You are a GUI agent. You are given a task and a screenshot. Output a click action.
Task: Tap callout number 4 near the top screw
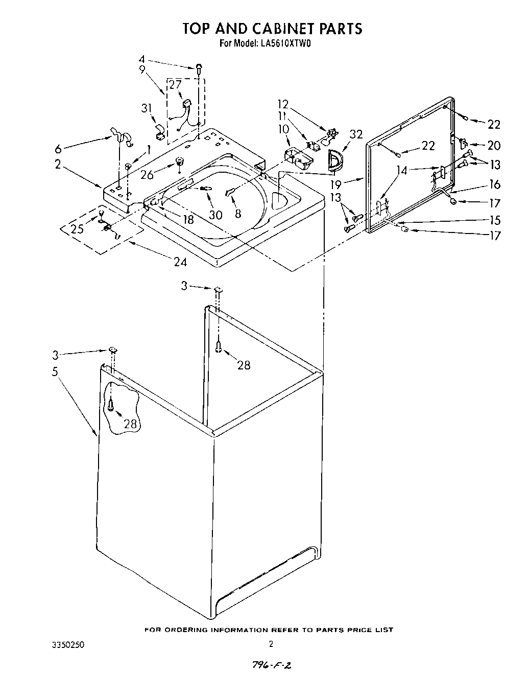point(142,59)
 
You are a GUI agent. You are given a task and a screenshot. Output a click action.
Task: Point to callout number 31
point(147,108)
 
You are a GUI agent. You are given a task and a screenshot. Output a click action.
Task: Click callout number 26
point(147,175)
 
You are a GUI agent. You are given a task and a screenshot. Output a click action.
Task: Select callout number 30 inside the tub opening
point(215,215)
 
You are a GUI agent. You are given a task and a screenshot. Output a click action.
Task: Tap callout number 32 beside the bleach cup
point(356,134)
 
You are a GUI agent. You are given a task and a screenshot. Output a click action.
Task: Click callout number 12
point(283,104)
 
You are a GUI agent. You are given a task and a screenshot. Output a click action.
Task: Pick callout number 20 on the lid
point(493,146)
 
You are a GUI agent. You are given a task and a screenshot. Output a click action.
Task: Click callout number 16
point(494,184)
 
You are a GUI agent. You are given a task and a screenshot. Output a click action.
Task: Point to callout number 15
point(494,220)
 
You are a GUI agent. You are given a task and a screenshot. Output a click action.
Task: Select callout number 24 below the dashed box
point(180,263)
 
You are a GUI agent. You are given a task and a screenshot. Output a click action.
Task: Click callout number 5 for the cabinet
point(55,371)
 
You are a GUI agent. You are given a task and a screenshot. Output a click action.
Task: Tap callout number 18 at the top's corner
point(188,220)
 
